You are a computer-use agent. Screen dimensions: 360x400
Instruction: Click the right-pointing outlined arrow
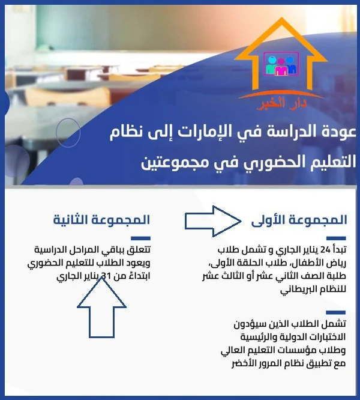tap(213, 221)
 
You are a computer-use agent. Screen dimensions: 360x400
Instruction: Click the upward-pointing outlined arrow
tap(101, 308)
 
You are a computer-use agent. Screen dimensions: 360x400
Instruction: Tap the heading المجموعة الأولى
tap(299, 220)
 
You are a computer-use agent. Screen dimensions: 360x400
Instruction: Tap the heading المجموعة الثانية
tap(101, 220)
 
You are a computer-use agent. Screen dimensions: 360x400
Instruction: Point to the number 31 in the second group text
tap(106, 276)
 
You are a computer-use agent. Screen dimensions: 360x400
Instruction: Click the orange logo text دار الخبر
tap(281, 104)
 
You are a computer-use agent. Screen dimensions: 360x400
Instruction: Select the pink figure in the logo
tap(281, 67)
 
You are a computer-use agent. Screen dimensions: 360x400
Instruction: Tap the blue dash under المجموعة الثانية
tap(140, 238)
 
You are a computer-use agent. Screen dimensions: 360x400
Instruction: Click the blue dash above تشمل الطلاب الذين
tap(335, 312)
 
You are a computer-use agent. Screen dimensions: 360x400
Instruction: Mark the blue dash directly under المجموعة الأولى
tap(336, 238)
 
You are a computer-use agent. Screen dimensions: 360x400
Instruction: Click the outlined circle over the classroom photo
tap(68, 132)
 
